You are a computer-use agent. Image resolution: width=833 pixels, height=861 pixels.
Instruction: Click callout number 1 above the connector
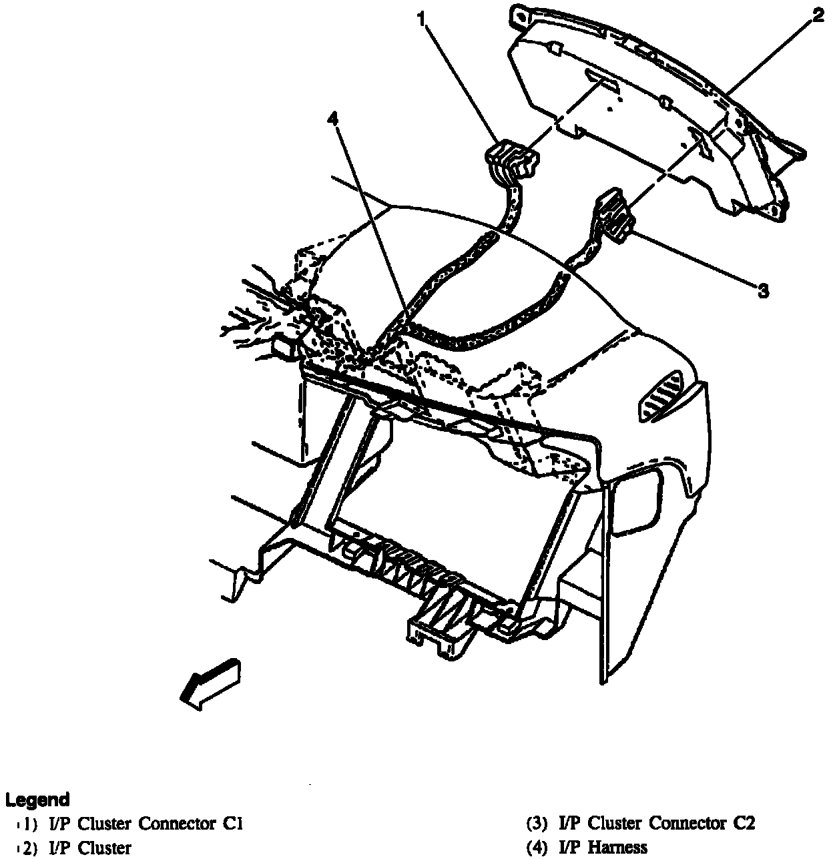pos(423,18)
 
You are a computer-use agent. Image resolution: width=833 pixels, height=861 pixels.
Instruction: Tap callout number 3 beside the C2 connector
pos(763,290)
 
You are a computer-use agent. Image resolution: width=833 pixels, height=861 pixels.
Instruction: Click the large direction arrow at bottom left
pos(210,682)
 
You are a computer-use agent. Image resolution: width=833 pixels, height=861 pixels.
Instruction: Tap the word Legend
pos(37,800)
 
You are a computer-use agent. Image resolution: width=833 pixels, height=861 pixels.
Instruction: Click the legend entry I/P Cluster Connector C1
pos(146,824)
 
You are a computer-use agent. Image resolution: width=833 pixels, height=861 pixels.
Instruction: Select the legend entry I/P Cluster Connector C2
pos(657,824)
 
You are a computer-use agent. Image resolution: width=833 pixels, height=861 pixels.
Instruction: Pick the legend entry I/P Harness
pos(603,848)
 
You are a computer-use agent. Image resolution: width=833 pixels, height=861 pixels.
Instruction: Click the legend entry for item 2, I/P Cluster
pos(90,848)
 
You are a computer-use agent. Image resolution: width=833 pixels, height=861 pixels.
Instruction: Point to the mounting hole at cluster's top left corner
pos(520,13)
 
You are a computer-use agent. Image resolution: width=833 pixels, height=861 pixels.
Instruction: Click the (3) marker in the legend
pos(537,824)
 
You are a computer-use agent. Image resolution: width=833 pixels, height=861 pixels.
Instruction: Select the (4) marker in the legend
pos(537,848)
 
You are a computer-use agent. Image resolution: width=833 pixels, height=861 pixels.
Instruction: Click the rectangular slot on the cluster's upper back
pos(603,79)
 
